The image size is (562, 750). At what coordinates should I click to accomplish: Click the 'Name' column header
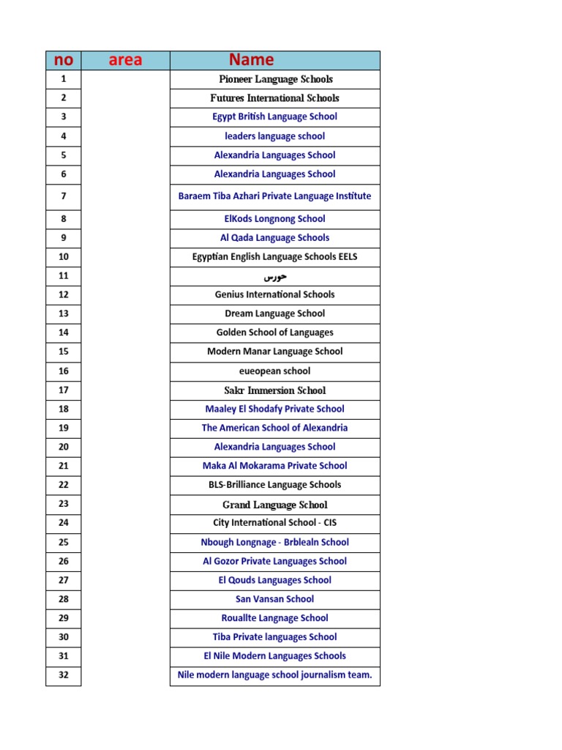tap(251, 60)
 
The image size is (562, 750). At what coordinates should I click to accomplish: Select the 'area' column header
tap(125, 60)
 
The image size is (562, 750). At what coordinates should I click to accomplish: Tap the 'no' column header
tap(64, 60)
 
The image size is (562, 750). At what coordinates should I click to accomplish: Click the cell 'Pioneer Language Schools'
tap(275, 79)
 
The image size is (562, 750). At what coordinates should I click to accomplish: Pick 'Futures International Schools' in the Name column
tap(275, 98)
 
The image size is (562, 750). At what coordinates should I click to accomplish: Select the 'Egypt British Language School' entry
tap(275, 117)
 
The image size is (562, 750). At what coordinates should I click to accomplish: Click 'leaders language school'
tap(275, 136)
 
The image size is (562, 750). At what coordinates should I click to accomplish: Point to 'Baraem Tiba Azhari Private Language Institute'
tap(275, 196)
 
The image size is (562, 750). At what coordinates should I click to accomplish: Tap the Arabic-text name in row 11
tap(275, 277)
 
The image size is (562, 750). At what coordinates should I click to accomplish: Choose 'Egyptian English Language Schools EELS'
tap(275, 257)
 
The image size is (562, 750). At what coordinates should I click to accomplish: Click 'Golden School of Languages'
tap(275, 333)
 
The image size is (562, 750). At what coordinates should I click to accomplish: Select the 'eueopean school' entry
tap(275, 371)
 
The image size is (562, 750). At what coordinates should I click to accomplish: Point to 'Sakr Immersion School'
tap(275, 390)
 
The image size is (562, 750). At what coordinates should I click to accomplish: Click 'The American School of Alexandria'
tap(275, 428)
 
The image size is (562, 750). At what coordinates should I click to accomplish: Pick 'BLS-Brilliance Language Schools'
tap(275, 485)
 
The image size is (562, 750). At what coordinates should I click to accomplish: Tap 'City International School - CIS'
tap(275, 523)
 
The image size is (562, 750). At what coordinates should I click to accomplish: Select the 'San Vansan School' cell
tap(275, 599)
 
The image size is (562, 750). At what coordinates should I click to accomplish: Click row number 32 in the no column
tap(64, 675)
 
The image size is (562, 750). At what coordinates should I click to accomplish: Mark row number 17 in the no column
tap(64, 390)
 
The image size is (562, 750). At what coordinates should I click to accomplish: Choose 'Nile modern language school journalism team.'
tap(275, 675)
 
